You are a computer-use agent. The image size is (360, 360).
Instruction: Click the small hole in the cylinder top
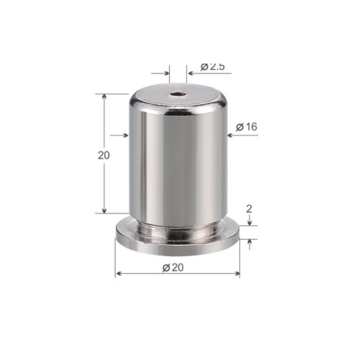click(178, 94)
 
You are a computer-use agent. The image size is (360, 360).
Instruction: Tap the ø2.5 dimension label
click(212, 67)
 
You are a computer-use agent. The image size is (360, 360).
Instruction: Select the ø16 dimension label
click(247, 127)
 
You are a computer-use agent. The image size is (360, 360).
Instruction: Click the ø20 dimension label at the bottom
click(173, 267)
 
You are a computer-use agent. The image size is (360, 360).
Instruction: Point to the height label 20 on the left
click(104, 155)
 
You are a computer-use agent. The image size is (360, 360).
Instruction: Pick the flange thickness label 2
click(249, 209)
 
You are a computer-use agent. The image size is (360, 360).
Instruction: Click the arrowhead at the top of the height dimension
click(104, 96)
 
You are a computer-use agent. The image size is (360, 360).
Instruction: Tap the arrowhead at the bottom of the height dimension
click(104, 211)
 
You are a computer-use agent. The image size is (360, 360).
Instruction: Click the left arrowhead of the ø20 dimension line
click(118, 273)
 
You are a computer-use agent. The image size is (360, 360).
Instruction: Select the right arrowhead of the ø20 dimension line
click(237, 273)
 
